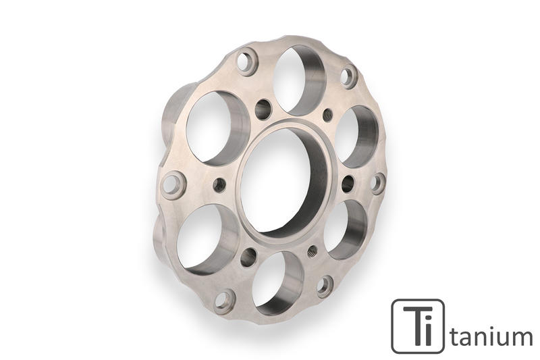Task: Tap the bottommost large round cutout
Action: (277, 283)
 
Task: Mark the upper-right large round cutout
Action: (356, 135)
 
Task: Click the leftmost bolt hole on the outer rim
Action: (173, 184)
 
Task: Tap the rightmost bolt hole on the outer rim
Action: (378, 183)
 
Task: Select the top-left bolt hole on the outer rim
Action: (247, 63)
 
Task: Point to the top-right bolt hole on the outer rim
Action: (348, 76)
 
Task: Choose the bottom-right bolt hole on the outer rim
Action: (325, 286)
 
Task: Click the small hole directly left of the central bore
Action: (219, 184)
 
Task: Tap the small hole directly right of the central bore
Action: (348, 183)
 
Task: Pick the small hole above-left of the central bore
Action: (263, 108)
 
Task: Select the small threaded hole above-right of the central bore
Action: (327, 114)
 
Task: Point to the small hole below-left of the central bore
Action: (248, 257)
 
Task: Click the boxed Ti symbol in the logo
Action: (418, 326)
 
